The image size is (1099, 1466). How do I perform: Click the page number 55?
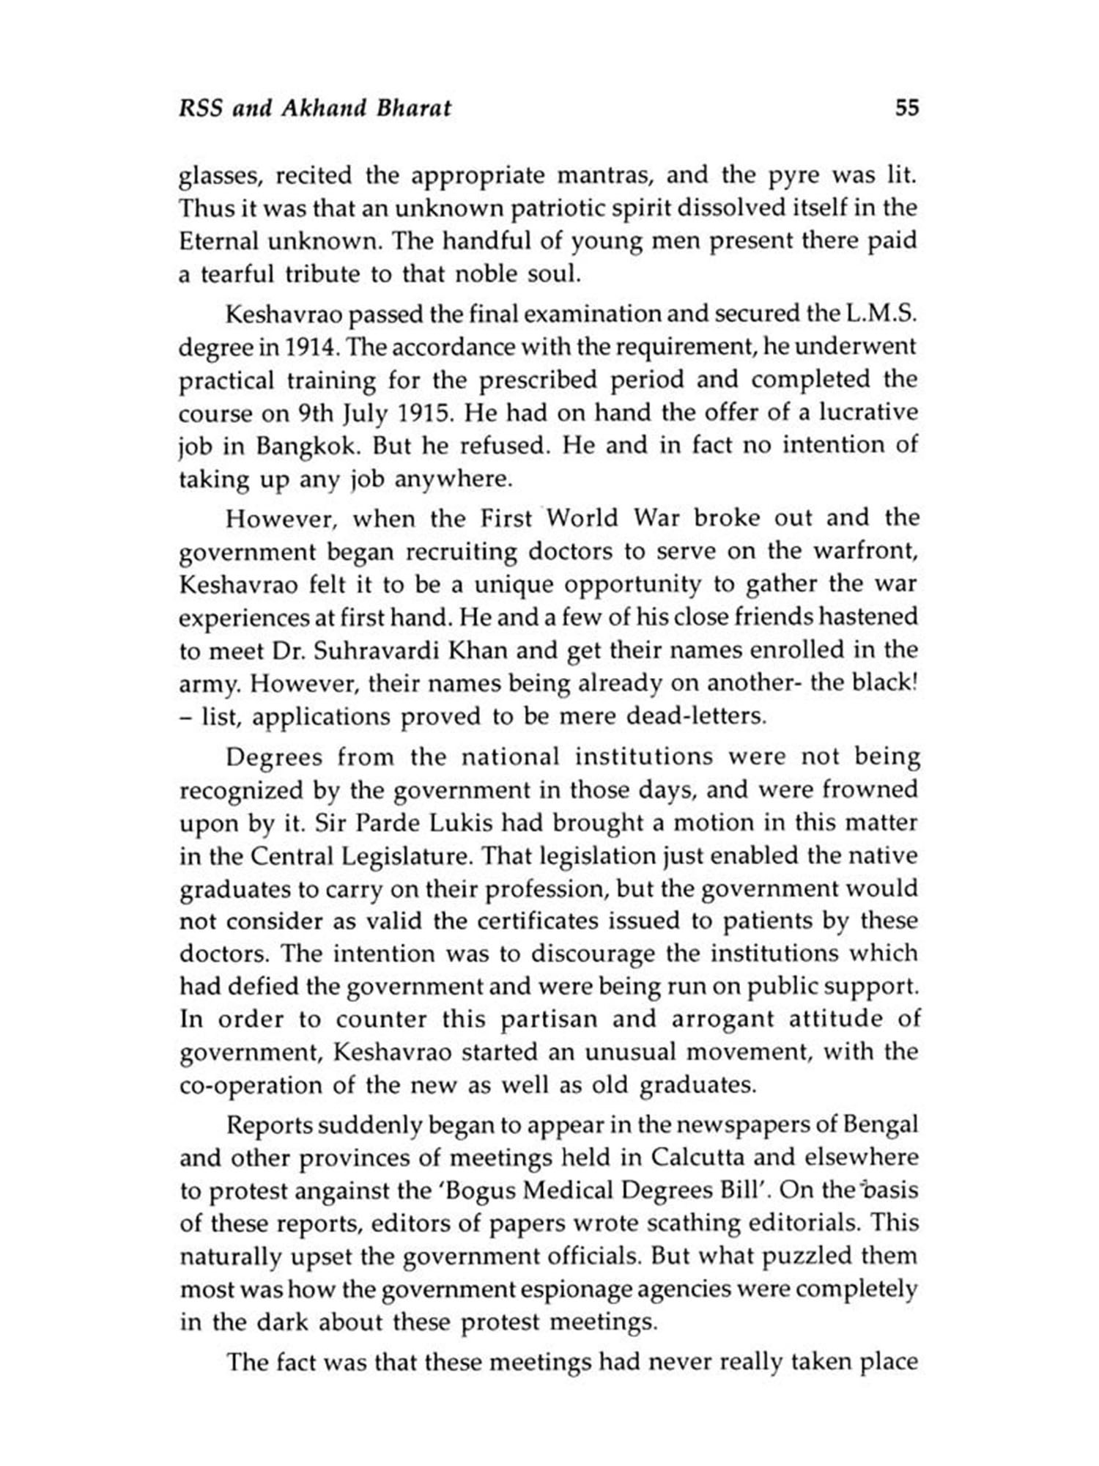pos(906,108)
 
